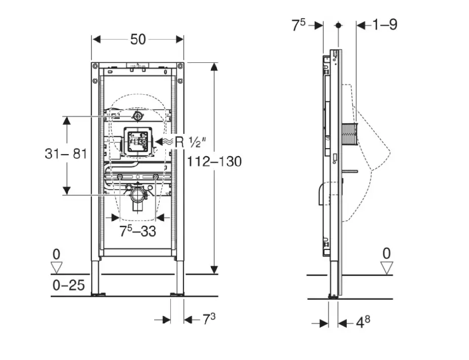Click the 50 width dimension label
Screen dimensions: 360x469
pos(138,39)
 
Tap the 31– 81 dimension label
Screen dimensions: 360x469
pos(66,154)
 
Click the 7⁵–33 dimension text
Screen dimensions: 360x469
pos(137,231)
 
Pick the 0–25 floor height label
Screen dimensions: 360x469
pos(68,285)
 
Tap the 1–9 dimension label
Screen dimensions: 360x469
pos(385,24)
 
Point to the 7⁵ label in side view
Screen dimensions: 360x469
pos(299,25)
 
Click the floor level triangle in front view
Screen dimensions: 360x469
pos(56,268)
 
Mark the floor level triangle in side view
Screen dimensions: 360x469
pos(387,268)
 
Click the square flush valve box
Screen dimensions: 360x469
pos(137,140)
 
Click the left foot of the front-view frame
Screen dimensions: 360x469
pos(96,293)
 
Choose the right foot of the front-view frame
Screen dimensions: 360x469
pos(179,293)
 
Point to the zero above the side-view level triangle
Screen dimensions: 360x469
pos(387,253)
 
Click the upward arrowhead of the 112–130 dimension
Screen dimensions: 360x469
pos(214,67)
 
